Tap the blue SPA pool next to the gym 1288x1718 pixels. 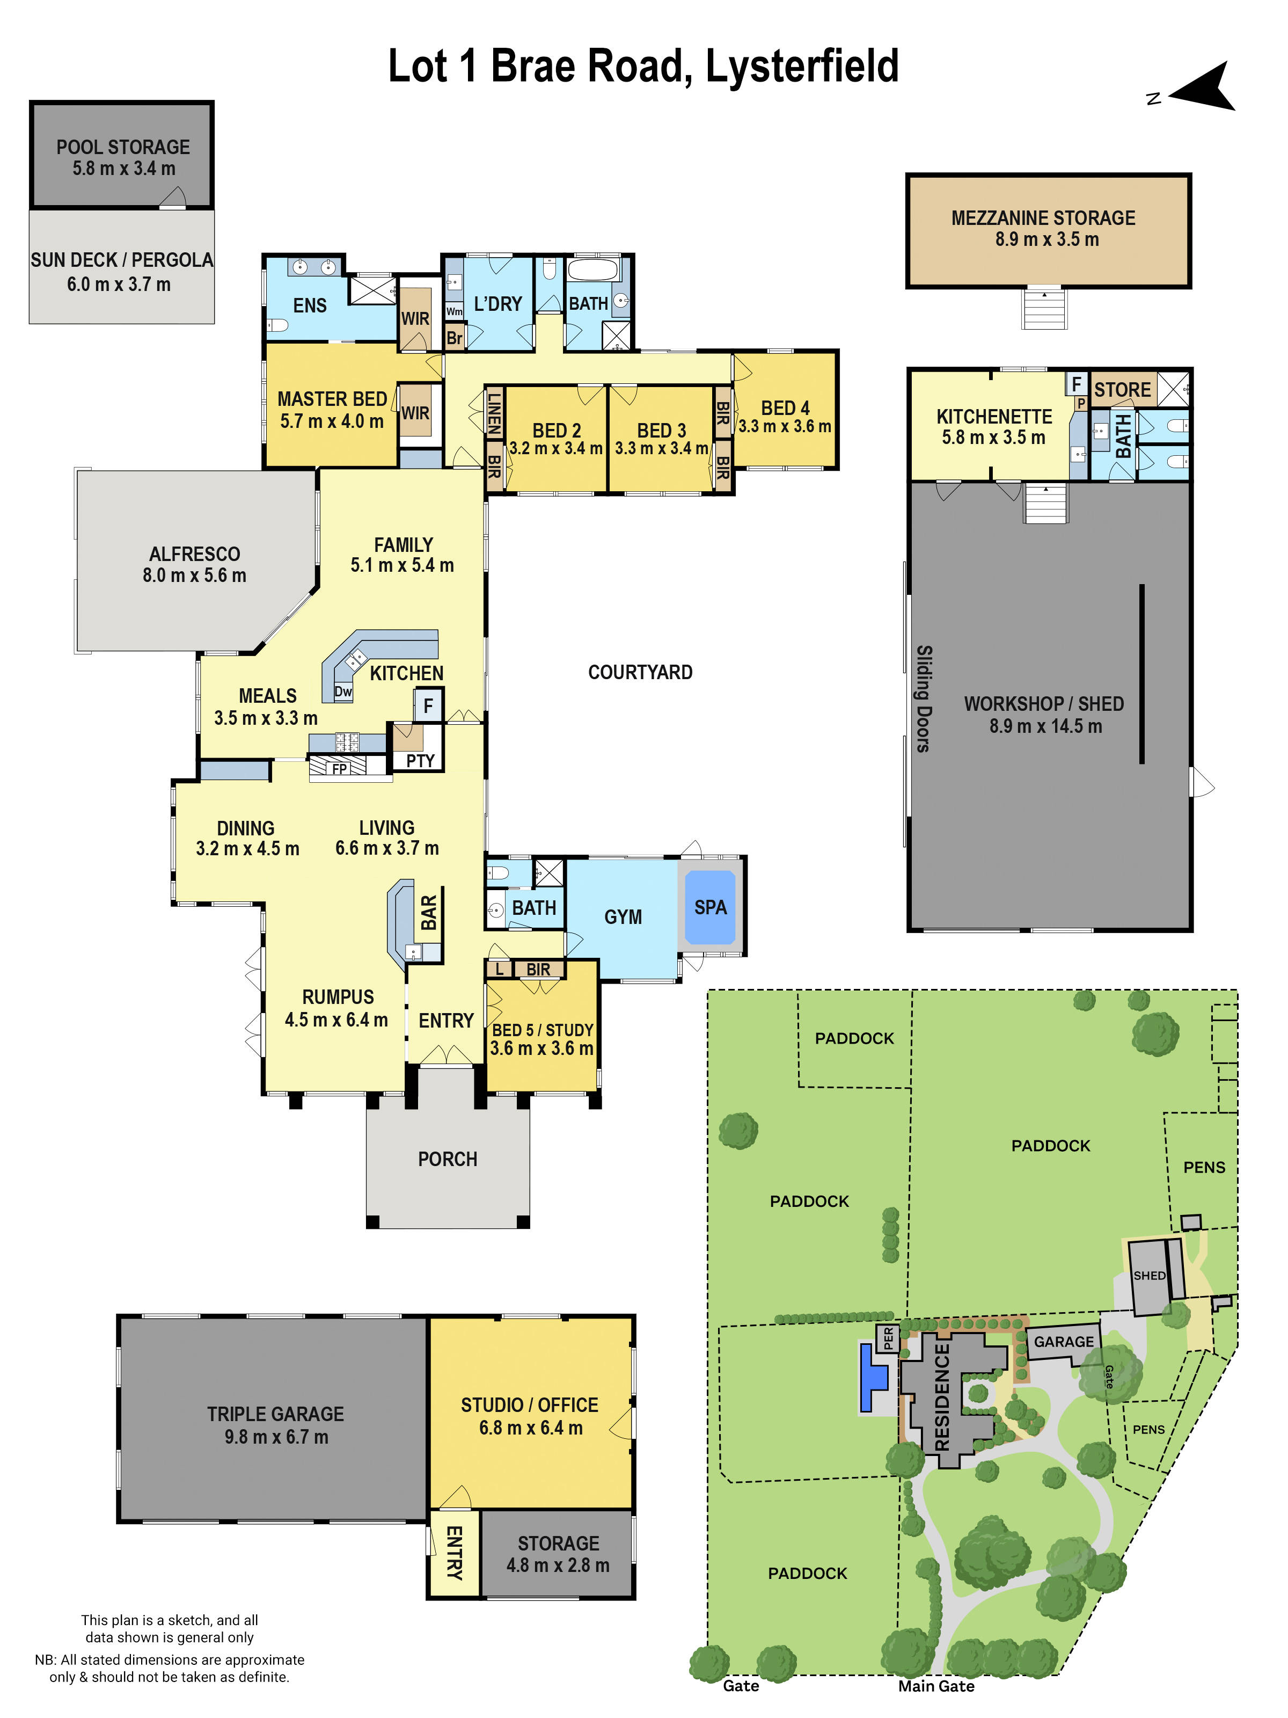tap(709, 907)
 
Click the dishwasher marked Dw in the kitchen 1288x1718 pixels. tap(342, 691)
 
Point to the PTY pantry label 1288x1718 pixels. tap(420, 760)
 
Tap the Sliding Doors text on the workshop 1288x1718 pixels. tap(923, 698)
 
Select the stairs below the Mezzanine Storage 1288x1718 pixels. tap(1044, 308)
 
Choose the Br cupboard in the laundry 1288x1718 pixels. tap(454, 338)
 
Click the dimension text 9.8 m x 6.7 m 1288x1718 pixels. tap(276, 1436)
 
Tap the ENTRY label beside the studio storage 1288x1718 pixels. tap(453, 1552)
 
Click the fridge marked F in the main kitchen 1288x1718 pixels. tap(428, 706)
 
